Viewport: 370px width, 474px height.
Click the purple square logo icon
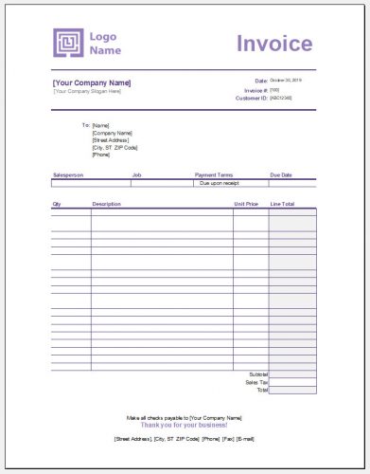coord(69,43)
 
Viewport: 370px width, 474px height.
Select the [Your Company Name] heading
coord(92,82)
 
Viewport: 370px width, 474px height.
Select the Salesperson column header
coord(68,174)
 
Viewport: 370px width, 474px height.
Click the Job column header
coord(136,174)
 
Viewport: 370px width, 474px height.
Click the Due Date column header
coord(282,174)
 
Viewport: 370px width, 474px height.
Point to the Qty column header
coord(57,204)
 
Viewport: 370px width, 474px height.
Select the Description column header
coord(106,204)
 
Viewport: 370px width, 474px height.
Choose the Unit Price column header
coord(246,204)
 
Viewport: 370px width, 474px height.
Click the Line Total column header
coord(283,204)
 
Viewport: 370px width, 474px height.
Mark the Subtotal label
coord(257,374)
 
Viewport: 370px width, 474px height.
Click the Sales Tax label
coord(256,382)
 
